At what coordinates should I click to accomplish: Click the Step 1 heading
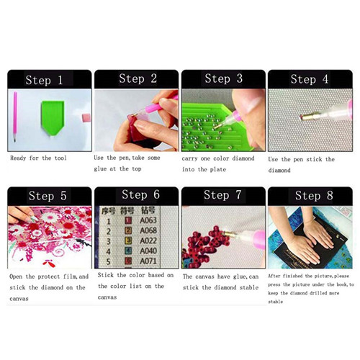[44, 80]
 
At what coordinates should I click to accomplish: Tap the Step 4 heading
[310, 79]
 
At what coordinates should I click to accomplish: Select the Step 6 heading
[140, 194]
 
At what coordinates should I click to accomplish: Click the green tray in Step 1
[53, 117]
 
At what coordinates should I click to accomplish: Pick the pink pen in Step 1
[15, 117]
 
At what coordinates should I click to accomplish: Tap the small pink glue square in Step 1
[86, 118]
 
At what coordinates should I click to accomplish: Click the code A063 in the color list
[148, 220]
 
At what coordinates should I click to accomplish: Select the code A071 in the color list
[148, 261]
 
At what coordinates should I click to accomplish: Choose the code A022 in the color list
[148, 240]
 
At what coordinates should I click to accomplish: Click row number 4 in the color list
[109, 251]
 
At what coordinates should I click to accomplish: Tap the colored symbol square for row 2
[128, 230]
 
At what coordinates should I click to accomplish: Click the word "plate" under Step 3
[218, 169]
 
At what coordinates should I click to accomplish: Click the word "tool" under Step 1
[60, 158]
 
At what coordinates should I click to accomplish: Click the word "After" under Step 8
[274, 276]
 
